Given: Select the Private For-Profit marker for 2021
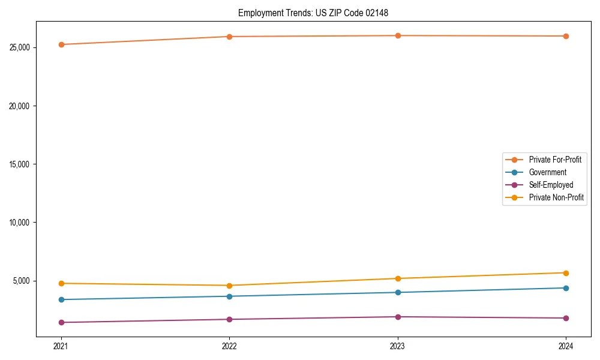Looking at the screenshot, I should pos(61,44).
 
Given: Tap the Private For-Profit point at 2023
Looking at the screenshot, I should pos(398,36).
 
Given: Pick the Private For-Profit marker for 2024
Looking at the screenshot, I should pos(566,36).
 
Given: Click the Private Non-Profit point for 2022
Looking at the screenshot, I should pos(229,286).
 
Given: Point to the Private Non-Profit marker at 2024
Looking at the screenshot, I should pos(566,273).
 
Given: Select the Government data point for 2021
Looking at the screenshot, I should pos(61,299).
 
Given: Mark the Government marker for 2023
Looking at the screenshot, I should pos(398,292).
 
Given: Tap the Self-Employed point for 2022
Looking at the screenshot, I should pos(229,319).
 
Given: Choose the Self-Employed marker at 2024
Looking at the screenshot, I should pos(566,318).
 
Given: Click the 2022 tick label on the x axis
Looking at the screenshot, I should pos(229,346).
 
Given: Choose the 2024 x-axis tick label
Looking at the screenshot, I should pos(566,346).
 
